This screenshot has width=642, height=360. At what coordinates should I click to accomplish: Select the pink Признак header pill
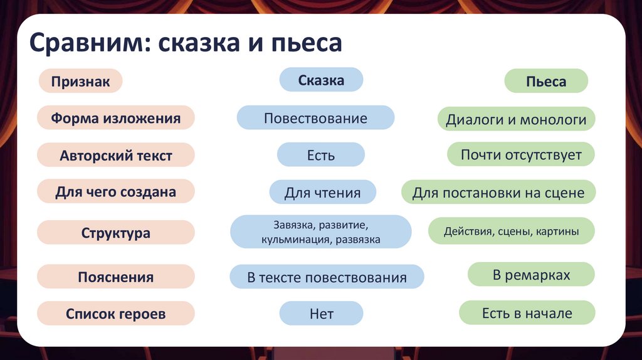(x=80, y=82)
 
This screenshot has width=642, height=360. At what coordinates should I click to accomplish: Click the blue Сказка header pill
(x=321, y=80)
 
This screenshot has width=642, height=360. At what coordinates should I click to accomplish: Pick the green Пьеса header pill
(x=546, y=82)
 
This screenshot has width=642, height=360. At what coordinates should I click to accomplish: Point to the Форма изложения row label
(x=116, y=119)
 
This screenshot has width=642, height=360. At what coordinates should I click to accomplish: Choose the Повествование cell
(x=315, y=118)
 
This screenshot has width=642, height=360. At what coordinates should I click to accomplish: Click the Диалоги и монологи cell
(x=516, y=119)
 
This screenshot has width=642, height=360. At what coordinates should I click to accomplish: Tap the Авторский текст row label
(x=116, y=156)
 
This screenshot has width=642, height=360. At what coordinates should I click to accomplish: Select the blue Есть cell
(x=321, y=155)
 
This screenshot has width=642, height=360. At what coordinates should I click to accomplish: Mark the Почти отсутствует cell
(x=521, y=154)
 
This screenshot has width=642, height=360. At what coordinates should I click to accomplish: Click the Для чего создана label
(x=116, y=192)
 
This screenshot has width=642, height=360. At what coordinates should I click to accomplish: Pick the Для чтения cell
(x=322, y=193)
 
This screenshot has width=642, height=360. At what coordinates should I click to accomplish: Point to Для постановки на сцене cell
(x=498, y=193)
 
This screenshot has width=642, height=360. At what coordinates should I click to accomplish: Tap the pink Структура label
(x=116, y=233)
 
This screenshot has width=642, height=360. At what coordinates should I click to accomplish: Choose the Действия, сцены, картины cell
(x=511, y=231)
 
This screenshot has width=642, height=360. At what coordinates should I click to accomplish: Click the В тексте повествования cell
(x=327, y=277)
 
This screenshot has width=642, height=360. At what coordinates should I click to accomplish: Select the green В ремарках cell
(x=531, y=275)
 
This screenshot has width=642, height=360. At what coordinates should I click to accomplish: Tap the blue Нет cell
(x=321, y=314)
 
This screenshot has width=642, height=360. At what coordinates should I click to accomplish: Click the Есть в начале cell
(x=527, y=313)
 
